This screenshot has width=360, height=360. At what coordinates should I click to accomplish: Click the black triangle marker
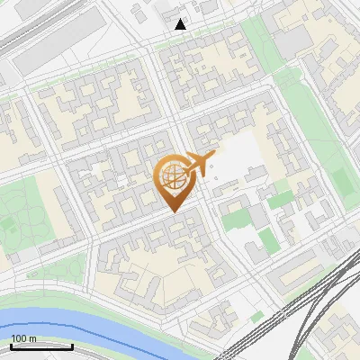(x=181, y=24)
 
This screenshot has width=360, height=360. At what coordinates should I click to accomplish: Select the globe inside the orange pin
(x=171, y=177)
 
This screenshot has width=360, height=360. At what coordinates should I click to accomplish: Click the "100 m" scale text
(x=24, y=338)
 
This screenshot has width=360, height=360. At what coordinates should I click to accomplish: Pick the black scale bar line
(x=41, y=346)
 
